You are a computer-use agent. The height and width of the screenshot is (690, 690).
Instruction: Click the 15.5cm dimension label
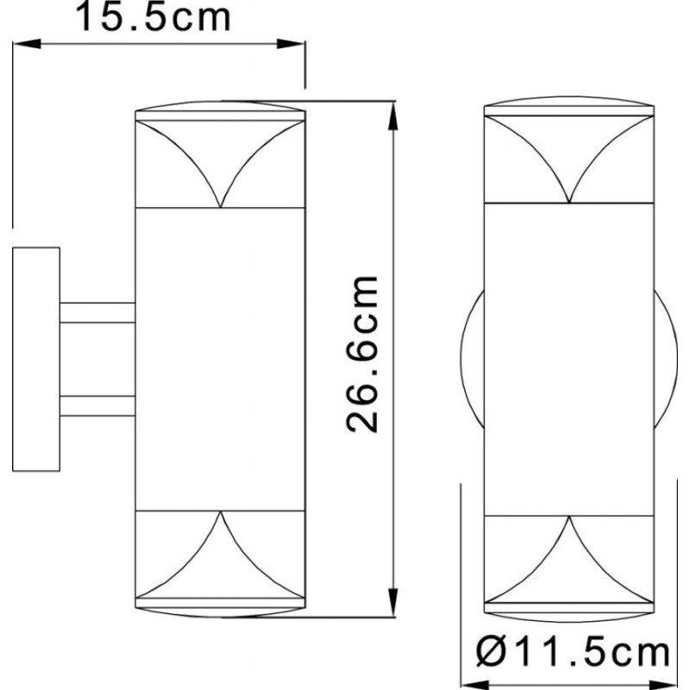(154, 16)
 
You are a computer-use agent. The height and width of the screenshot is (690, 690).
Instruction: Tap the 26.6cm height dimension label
(361, 354)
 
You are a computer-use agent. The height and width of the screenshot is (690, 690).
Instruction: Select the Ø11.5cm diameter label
(573, 653)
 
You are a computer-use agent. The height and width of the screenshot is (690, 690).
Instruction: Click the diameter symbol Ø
(491, 653)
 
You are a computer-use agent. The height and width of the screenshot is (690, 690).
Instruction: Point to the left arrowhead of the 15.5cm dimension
(27, 44)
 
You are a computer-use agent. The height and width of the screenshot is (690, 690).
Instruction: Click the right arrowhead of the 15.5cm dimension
(291, 44)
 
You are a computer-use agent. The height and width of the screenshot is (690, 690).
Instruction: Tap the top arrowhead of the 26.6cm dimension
(393, 116)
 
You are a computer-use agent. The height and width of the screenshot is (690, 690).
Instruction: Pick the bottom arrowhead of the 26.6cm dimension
(393, 602)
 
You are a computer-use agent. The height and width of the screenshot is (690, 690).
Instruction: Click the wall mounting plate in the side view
(36, 359)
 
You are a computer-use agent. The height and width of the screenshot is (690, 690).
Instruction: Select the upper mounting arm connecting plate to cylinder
(97, 312)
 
